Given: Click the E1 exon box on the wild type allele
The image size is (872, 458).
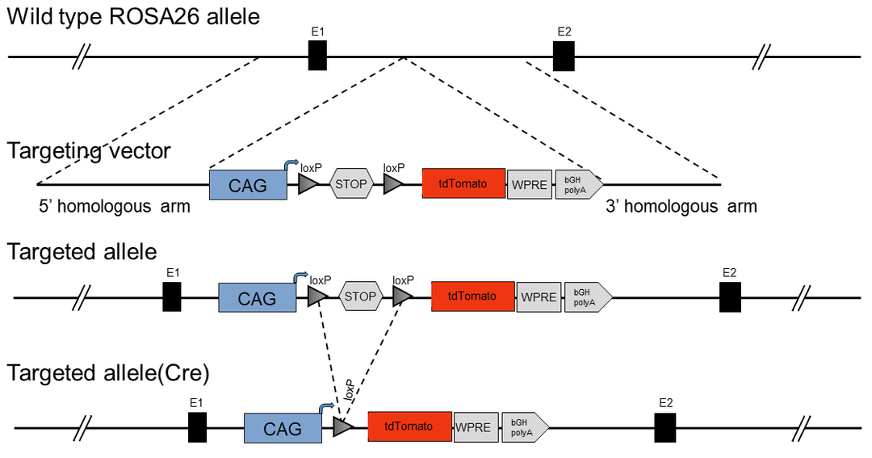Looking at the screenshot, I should pos(317,57).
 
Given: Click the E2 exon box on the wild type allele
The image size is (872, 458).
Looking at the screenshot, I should pos(564,57).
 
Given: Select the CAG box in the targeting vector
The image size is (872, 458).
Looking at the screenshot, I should pos(248,185).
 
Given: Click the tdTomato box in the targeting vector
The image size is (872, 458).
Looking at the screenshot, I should pos(463,183).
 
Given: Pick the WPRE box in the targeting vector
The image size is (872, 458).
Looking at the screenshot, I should pos(529,185).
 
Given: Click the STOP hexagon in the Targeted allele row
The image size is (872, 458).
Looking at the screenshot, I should pos(360,296).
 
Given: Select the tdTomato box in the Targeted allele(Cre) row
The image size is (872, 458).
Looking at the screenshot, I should pos(409,426).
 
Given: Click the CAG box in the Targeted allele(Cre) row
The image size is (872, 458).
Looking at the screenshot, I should pos(283,428).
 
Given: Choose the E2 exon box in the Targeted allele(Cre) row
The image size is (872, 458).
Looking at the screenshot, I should pos(665,427).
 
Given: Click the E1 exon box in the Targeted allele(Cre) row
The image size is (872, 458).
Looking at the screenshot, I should pos(197,427).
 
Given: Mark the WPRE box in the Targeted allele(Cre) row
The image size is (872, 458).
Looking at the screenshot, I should pos(472,427).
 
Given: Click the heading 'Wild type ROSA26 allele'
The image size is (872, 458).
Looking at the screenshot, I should pos(133,16).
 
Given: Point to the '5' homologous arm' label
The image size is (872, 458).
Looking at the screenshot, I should pos(114,207).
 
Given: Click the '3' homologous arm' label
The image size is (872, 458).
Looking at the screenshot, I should pos(681,207).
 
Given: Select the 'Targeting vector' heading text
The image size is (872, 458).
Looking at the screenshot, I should pos(89,151).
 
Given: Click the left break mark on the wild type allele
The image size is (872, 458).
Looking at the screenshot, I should pos(82,57).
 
